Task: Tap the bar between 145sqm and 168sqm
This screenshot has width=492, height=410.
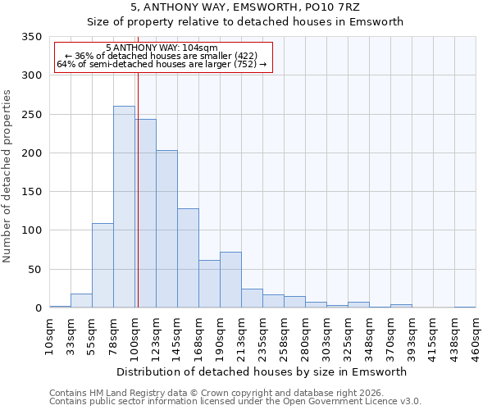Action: (188, 257)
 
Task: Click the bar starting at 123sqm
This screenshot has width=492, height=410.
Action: (166, 229)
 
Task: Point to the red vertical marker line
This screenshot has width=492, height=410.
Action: (138, 189)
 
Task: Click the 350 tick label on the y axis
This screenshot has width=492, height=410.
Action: (31, 37)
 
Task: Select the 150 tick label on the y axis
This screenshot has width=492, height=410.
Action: (31, 192)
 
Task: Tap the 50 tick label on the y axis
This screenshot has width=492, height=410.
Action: (34, 270)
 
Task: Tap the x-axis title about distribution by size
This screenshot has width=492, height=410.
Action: (262, 371)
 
